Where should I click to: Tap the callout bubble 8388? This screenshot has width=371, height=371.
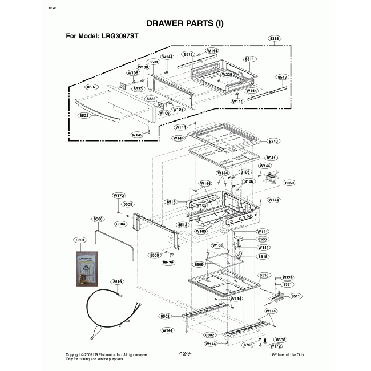(x=275, y=38)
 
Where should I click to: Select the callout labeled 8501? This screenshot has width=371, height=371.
(x=153, y=61)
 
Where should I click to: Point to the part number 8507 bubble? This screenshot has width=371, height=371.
(x=91, y=87)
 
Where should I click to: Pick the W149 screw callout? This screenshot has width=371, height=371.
(x=137, y=135)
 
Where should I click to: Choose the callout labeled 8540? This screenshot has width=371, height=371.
(x=273, y=141)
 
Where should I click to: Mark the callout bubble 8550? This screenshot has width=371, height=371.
(x=289, y=183)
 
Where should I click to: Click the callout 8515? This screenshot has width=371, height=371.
(x=172, y=201)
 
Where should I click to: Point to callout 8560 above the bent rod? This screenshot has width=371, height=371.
(x=98, y=219)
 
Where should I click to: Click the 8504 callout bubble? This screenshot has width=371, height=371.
(x=121, y=224)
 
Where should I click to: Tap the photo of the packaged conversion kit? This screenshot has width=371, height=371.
(x=86, y=268)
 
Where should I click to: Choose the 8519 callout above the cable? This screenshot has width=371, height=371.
(x=118, y=282)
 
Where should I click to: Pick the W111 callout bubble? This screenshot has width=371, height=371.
(x=263, y=232)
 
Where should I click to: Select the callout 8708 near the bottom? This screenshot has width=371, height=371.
(x=248, y=345)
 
